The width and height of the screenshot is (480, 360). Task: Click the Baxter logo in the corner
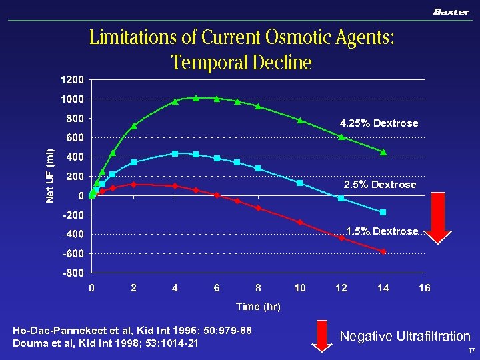coord(451,11)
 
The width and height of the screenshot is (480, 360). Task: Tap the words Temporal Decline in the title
coord(241,63)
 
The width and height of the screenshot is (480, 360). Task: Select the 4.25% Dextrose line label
coord(379,123)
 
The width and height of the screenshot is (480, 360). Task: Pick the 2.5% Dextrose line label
coord(379,185)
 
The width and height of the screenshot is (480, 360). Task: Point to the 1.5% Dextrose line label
coord(381,231)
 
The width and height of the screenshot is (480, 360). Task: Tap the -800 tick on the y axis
coord(73,273)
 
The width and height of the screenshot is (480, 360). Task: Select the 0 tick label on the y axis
coord(81,196)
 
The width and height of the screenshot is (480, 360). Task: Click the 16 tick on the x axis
coord(424,288)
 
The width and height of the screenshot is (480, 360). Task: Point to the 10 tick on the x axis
coord(300,288)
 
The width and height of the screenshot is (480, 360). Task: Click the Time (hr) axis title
coord(258,307)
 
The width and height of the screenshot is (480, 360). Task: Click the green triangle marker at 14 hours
coord(383,152)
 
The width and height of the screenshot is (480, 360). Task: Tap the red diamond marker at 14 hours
coord(383,251)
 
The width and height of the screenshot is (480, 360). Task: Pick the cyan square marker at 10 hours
coord(300,183)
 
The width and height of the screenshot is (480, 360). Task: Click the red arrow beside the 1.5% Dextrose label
coord(439,228)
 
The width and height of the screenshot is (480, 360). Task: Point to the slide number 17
coord(471,351)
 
